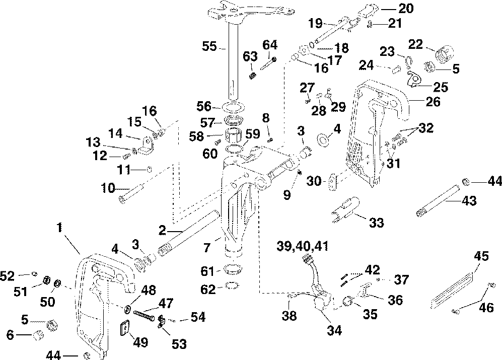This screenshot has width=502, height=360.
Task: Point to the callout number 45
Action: tap(482, 257)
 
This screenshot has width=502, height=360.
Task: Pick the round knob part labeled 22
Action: tap(443, 53)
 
